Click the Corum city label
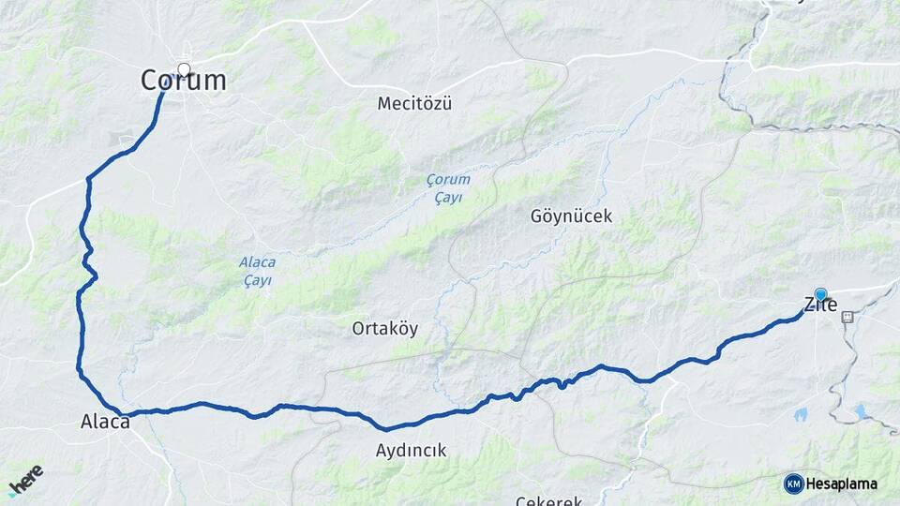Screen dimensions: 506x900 click(184, 81)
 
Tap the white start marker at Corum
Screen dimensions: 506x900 click(184, 69)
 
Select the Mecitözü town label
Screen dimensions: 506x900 click(414, 103)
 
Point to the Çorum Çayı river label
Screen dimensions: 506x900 click(448, 187)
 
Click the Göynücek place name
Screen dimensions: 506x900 click(571, 216)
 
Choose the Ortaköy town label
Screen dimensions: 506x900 click(384, 329)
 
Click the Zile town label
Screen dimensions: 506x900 click(819, 305)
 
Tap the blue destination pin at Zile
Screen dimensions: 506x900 click(821, 294)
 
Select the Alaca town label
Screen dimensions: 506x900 click(105, 423)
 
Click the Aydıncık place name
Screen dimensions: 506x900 click(411, 451)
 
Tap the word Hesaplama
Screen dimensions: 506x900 click(843, 484)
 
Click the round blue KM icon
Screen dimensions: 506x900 click(793, 484)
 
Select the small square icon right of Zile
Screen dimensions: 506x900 click(847, 316)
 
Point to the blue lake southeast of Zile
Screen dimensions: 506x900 click(861, 410)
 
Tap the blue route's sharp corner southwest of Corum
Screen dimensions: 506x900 click(88, 178)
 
